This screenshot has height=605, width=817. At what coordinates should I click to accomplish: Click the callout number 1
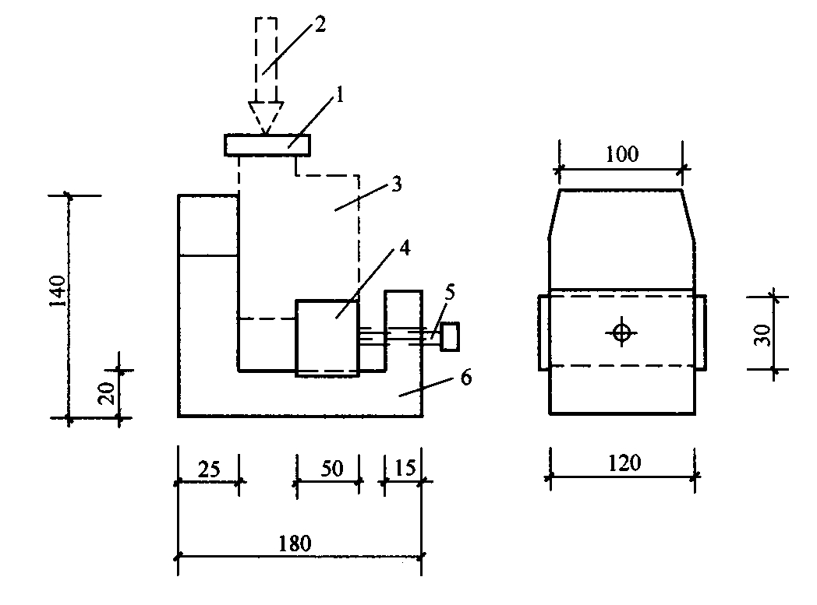340,95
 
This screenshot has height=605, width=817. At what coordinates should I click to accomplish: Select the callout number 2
320,24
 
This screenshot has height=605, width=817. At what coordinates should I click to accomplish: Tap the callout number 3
397,185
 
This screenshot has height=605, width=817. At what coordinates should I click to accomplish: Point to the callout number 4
405,248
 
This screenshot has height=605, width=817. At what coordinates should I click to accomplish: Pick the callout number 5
449,292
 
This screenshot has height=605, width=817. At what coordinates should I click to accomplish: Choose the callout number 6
466,377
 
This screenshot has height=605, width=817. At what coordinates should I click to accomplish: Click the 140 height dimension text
58,291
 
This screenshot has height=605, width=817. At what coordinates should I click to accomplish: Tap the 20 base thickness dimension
106,393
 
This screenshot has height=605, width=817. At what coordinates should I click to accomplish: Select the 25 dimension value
209,470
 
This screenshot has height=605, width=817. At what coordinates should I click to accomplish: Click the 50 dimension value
332,469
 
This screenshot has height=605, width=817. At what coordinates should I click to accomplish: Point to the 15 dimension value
405,468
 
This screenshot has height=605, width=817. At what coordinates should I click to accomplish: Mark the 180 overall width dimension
295,543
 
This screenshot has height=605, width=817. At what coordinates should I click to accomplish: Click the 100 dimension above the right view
621,154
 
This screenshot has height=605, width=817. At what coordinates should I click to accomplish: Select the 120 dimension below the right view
624,463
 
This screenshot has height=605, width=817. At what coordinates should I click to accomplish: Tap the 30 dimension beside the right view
762,335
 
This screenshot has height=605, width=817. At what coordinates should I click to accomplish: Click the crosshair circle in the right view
621,332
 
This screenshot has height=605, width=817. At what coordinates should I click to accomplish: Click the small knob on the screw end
450,336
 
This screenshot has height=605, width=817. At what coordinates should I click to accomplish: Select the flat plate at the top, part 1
267,145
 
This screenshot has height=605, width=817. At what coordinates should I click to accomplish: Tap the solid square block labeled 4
327,338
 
